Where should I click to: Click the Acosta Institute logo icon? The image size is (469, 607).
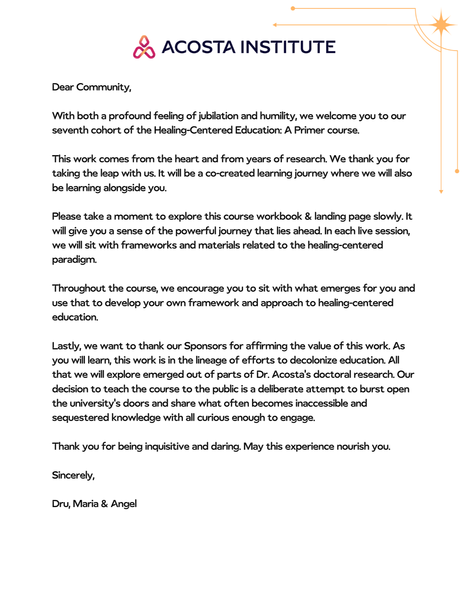pos(144,47)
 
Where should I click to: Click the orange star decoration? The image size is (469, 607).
pos(441,25)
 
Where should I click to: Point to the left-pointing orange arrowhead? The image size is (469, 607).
pos(275,25)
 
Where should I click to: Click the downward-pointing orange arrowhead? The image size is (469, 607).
pos(441,191)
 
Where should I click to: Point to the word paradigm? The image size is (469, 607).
pos(74,260)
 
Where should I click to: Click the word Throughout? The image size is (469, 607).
pos(79,288)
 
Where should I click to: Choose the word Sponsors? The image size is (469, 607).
pos(205,346)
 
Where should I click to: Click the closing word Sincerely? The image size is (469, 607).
pos(73,475)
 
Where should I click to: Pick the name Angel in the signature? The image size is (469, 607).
pos(124,504)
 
